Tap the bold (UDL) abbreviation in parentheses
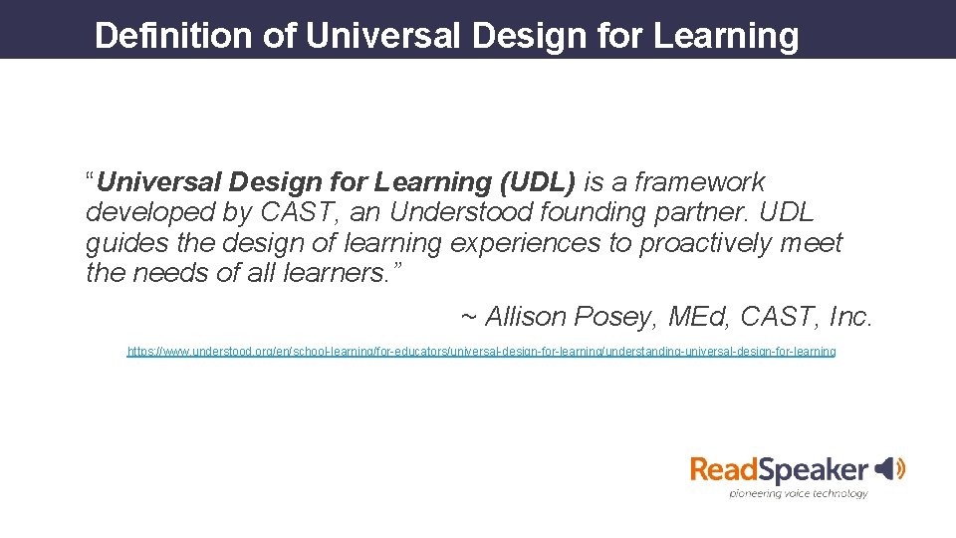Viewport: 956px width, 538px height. [538, 182]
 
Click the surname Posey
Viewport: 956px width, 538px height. [618, 317]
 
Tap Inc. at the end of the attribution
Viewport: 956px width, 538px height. [848, 317]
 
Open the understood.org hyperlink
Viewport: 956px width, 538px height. [481, 352]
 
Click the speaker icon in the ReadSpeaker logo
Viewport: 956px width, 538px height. [890, 467]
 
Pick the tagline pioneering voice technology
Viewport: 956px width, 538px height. [798, 493]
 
